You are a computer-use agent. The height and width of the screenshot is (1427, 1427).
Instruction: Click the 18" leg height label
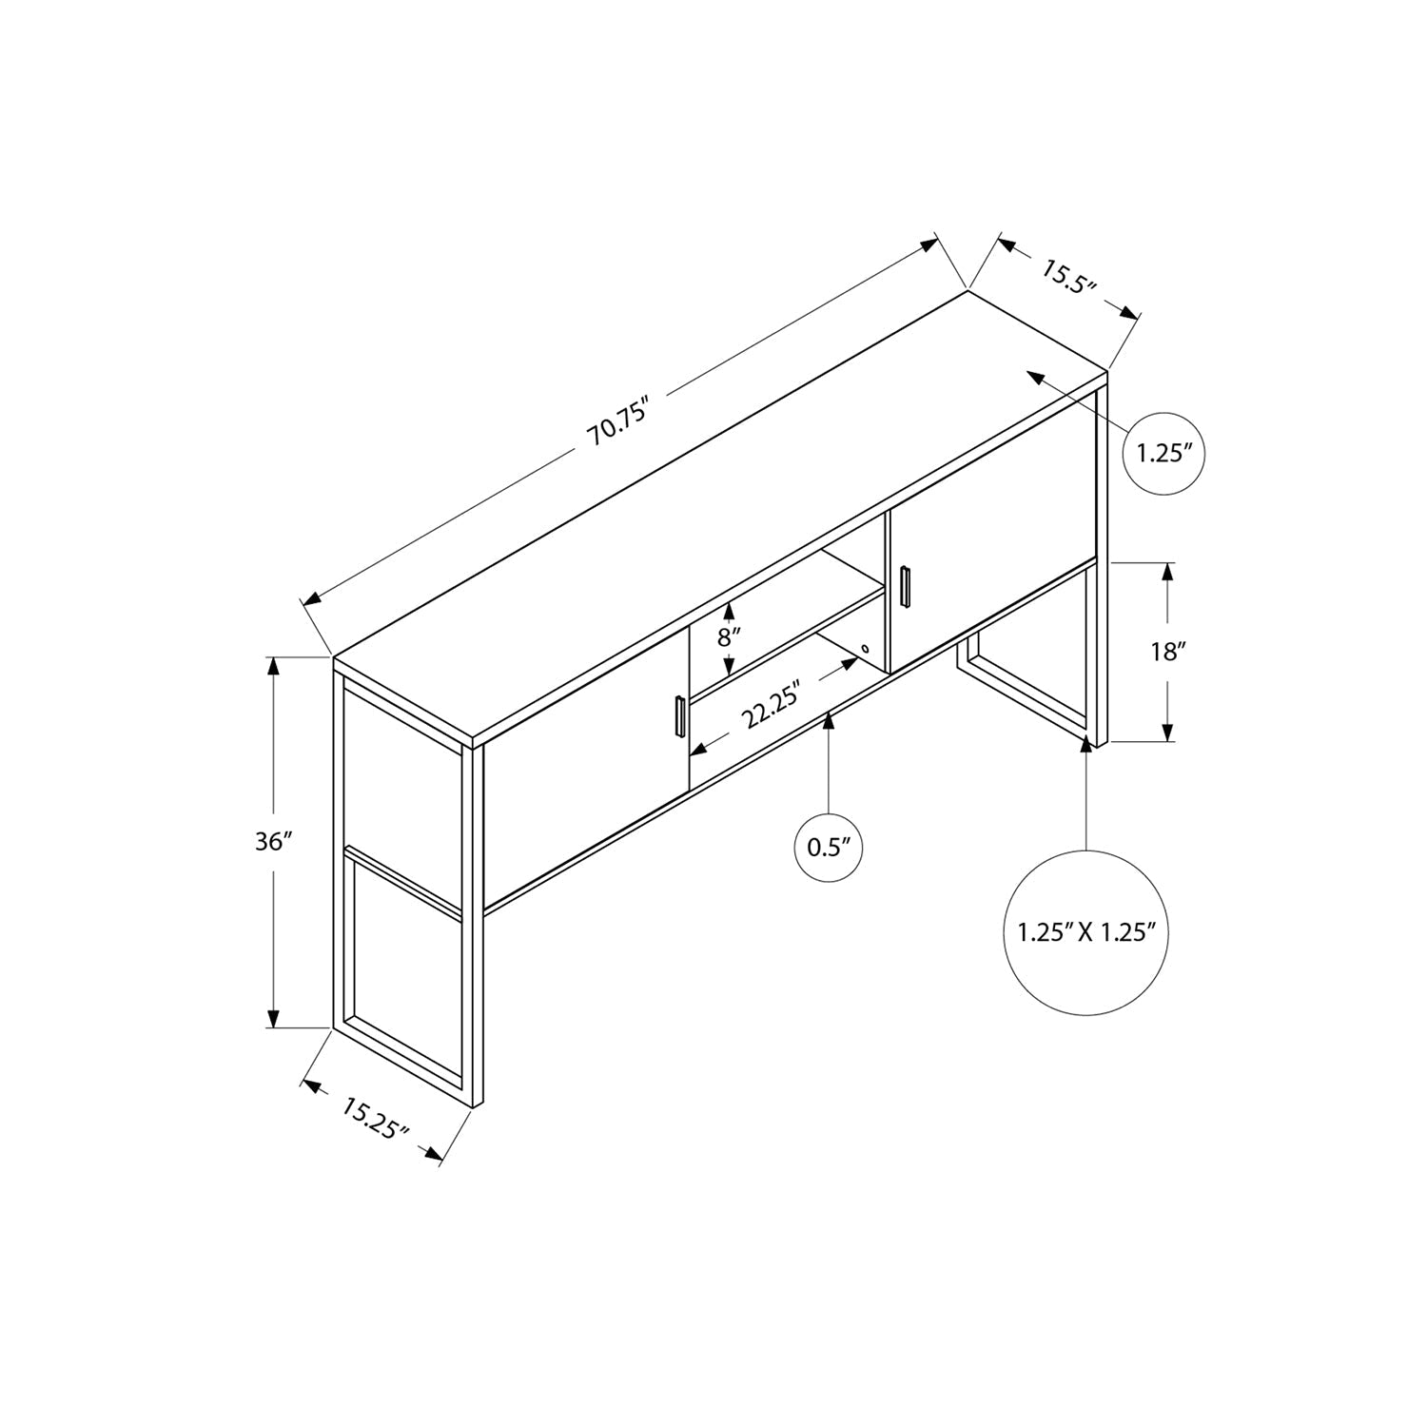pyautogui.click(x=1168, y=652)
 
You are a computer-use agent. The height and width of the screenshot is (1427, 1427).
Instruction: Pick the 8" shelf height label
pyautogui.click(x=729, y=636)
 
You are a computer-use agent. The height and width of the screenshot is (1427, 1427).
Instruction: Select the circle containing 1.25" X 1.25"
pyautogui.click(x=1085, y=930)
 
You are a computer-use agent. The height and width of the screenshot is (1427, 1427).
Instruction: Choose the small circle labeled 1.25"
pyautogui.click(x=1164, y=453)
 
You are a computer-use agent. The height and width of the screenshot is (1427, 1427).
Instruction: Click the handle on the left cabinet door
pyautogui.click(x=679, y=716)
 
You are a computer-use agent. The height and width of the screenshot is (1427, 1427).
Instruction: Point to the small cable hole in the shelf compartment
pyautogui.click(x=865, y=651)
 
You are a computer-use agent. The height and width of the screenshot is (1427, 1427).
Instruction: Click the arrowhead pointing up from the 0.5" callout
pyautogui.click(x=829, y=721)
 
